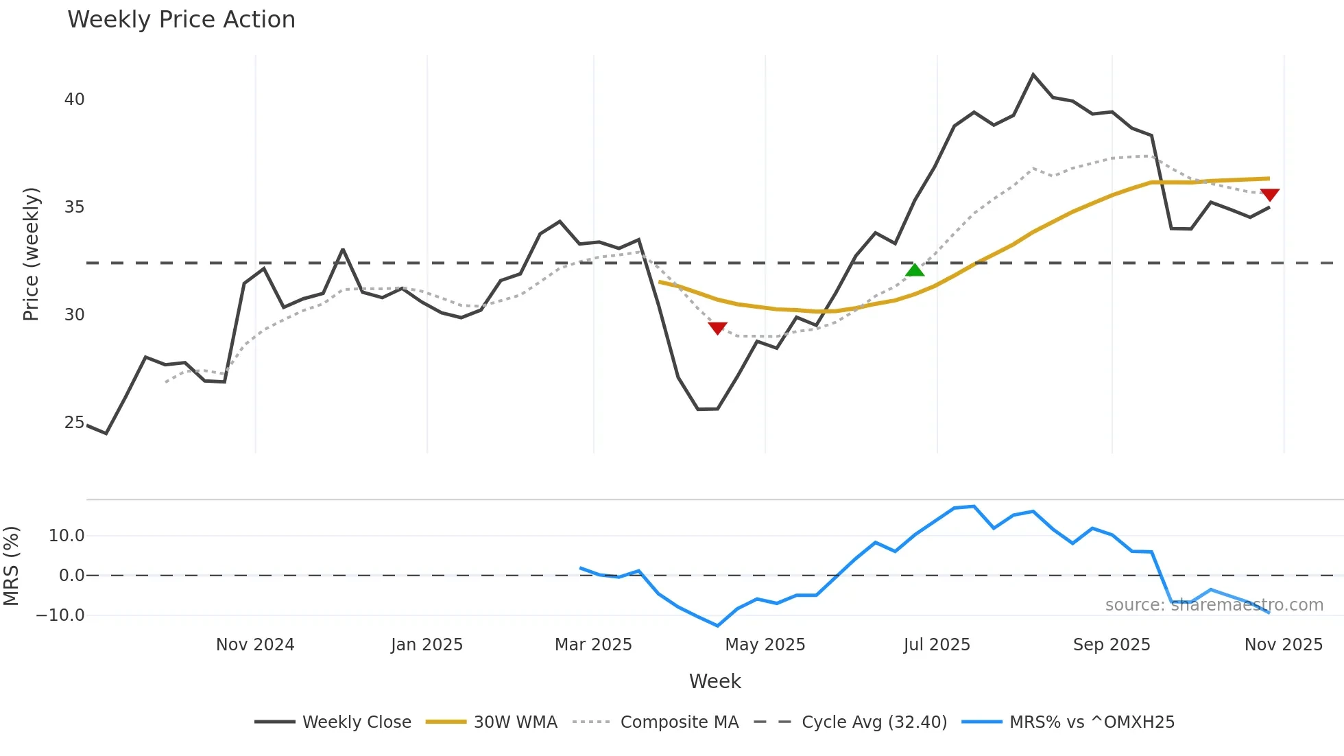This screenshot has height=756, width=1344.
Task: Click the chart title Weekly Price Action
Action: click(x=181, y=20)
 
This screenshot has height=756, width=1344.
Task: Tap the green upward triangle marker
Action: click(x=915, y=270)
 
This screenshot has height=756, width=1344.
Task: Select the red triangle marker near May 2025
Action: click(x=717, y=328)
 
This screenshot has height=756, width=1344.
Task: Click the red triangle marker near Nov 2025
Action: click(x=1269, y=195)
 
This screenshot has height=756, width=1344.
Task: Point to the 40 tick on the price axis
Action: click(x=75, y=99)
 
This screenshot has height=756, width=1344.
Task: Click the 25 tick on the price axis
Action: click(x=75, y=423)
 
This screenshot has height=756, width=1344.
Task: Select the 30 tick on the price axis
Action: click(x=75, y=315)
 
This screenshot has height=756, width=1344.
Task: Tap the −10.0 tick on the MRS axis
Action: click(x=60, y=615)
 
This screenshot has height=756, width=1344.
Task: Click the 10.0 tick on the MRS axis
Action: click(x=67, y=536)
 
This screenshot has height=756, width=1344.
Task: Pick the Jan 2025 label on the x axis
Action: click(x=427, y=645)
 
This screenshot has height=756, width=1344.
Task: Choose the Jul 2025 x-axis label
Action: click(x=937, y=645)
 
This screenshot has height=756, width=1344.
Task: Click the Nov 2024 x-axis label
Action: click(x=255, y=645)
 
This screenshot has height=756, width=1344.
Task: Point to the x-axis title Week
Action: click(x=715, y=681)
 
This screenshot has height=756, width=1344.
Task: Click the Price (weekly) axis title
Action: click(x=31, y=254)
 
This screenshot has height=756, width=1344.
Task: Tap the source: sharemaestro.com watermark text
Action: click(x=1214, y=605)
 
